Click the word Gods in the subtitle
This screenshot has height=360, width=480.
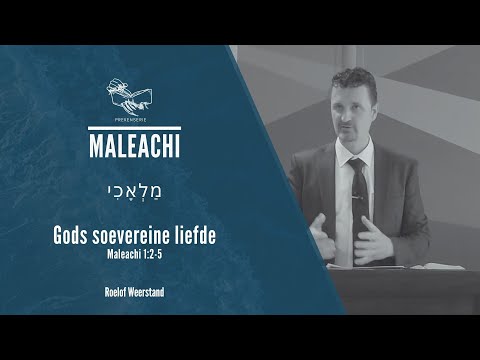pos(72,236)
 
